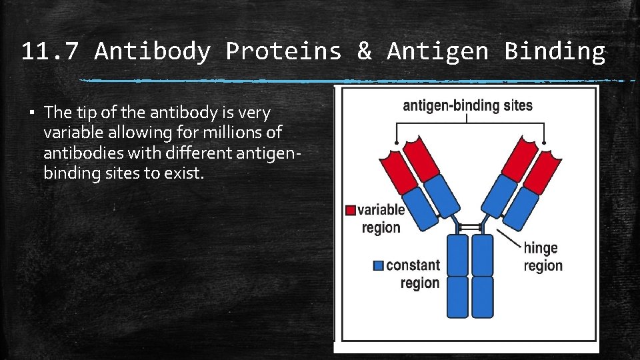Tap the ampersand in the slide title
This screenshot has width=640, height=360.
click(364, 51)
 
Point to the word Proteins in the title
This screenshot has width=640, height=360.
click(283, 51)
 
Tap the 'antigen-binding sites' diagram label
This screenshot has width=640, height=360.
click(467, 105)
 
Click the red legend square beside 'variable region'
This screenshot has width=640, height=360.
click(351, 210)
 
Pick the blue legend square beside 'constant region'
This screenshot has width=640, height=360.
click(379, 265)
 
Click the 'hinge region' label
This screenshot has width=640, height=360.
click(543, 257)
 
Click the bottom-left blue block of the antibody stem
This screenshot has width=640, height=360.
click(458, 297)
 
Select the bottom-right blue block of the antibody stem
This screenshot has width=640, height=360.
click(482, 297)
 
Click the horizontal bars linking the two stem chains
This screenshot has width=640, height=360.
click(470, 227)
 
